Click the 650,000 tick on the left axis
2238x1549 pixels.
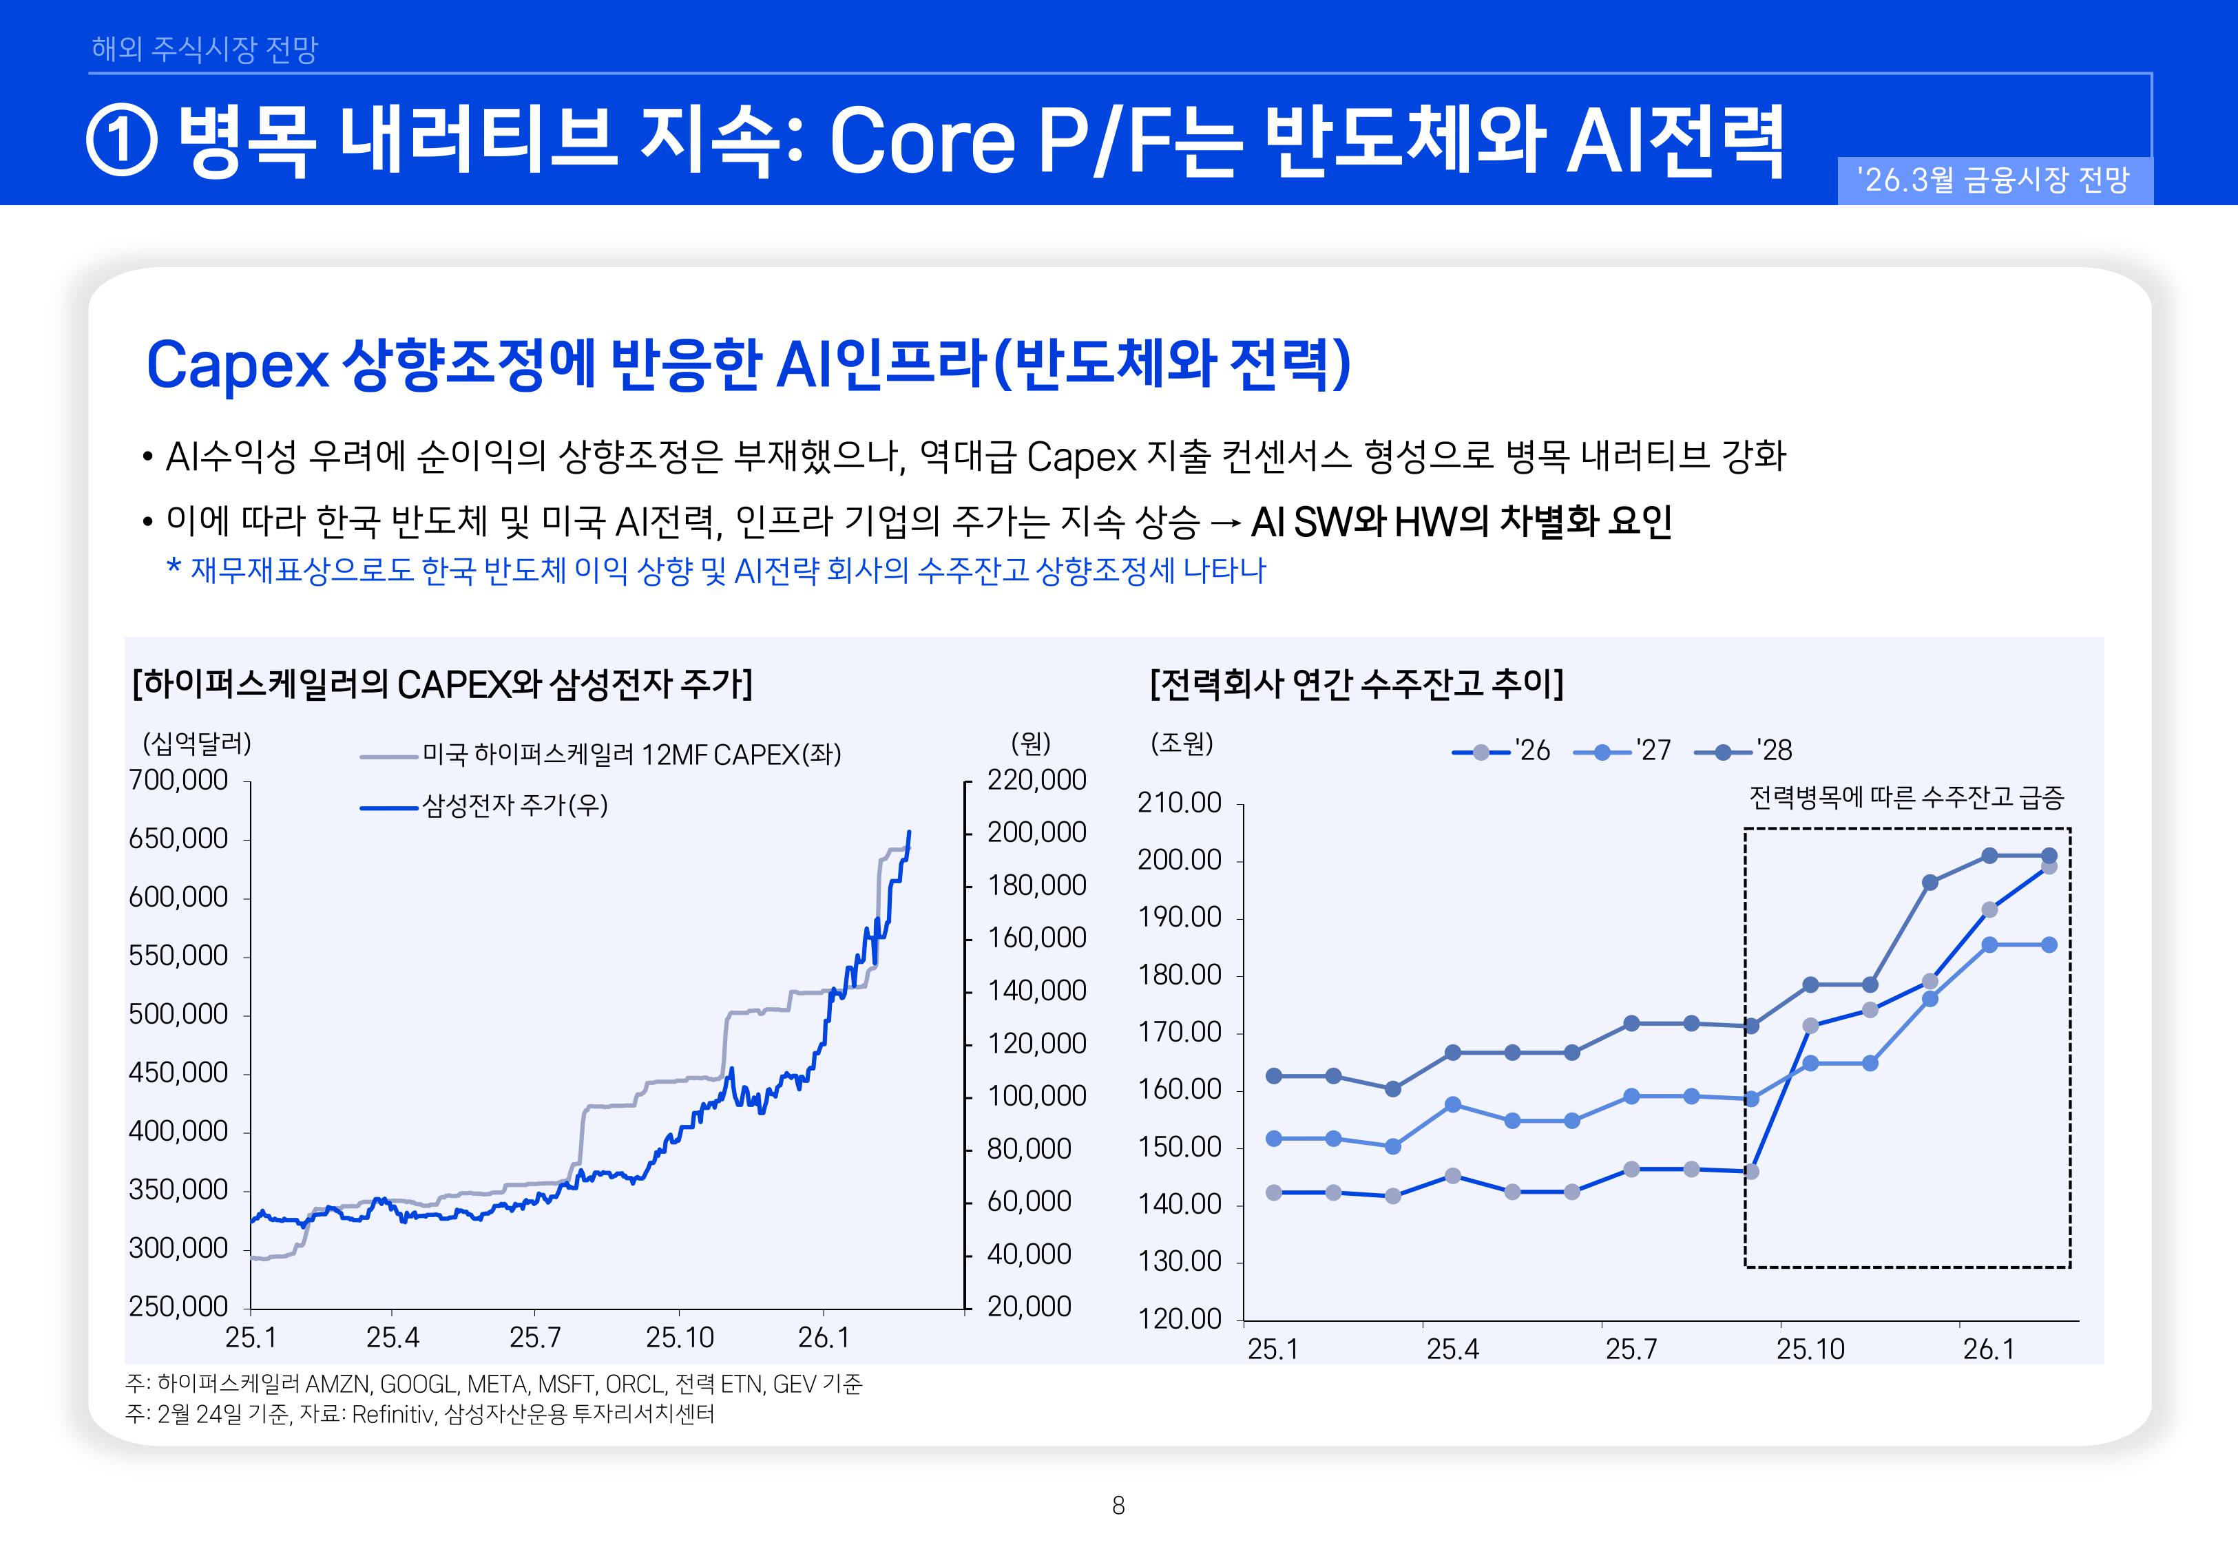(178, 839)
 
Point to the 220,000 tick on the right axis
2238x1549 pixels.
(1036, 779)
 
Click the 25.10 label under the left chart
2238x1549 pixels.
(680, 1338)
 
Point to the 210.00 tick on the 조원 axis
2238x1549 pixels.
(1179, 803)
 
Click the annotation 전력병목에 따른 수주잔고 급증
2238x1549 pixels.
(1905, 798)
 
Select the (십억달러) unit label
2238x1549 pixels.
(197, 744)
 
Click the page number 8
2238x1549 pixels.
(1118, 1506)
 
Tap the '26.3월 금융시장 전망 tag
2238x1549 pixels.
(1994, 180)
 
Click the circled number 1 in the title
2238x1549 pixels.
(123, 142)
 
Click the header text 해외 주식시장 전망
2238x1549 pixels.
(204, 48)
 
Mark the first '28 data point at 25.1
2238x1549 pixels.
(1273, 1075)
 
